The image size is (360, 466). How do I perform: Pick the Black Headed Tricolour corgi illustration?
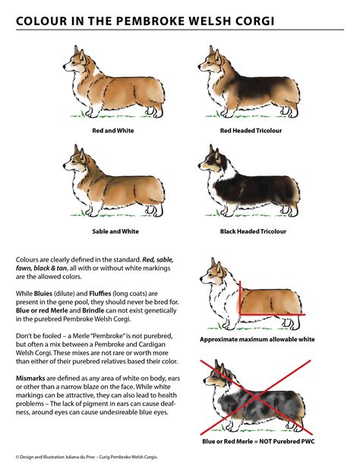tap(251, 182)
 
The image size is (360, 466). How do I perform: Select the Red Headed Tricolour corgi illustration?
tap(251, 84)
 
